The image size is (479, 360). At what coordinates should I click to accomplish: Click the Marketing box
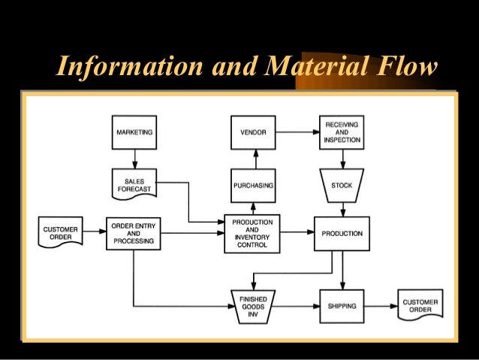[x=134, y=132]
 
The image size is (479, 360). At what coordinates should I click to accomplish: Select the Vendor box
[x=253, y=132]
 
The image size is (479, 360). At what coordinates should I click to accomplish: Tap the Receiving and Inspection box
[x=342, y=132]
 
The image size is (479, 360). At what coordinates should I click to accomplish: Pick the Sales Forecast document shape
[x=134, y=184]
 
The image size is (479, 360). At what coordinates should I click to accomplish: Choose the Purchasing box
[x=253, y=185]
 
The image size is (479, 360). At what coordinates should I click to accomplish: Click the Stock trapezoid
[x=342, y=185]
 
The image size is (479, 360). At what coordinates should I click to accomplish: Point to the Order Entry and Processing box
[x=134, y=233]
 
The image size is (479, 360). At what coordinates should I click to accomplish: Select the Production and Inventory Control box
[x=252, y=234]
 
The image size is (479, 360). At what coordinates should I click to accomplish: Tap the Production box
[x=342, y=234]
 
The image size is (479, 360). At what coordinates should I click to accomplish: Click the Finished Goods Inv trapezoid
[x=253, y=306]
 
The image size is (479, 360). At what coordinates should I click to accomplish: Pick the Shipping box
[x=342, y=306]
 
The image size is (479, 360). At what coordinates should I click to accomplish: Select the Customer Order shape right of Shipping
[x=420, y=307]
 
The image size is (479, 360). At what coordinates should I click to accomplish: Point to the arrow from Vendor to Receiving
[x=297, y=132]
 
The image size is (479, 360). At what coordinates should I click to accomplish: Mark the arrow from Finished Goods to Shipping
[x=297, y=306]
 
